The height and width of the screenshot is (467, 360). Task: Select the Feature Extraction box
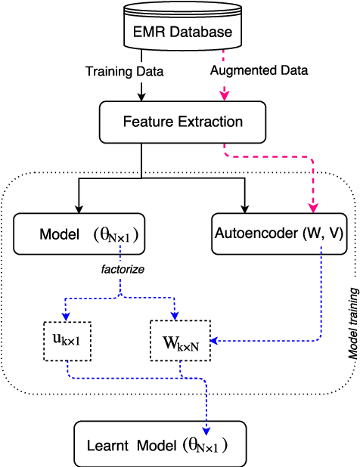182,122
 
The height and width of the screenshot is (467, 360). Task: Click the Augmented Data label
258,72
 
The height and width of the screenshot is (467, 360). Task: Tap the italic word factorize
121,269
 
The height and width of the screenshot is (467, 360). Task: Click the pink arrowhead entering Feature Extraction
223,96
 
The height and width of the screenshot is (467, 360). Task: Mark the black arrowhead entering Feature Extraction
141,96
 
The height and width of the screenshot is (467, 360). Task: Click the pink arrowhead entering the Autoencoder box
312,208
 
